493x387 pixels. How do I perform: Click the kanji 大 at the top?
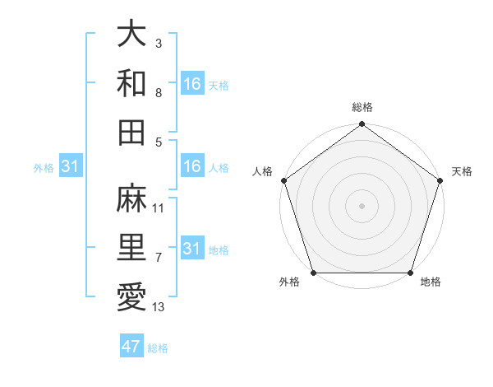[x=131, y=35]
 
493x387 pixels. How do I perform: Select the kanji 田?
[x=131, y=131]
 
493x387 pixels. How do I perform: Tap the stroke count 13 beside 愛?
[x=159, y=307]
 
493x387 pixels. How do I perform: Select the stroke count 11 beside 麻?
[x=159, y=208]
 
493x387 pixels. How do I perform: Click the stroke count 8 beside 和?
[x=159, y=92]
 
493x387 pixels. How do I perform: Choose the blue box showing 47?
[x=131, y=347]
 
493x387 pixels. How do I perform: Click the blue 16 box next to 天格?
[x=191, y=84]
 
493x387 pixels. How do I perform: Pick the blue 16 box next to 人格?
[x=191, y=166]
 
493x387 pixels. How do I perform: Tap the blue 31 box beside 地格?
[x=191, y=249]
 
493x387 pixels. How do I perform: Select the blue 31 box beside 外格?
[x=70, y=166]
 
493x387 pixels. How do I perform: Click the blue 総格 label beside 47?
[x=158, y=348]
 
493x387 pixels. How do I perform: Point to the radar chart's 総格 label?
[x=362, y=108]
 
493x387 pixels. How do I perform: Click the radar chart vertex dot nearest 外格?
[x=313, y=273]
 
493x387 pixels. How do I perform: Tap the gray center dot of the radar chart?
[x=362, y=206]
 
